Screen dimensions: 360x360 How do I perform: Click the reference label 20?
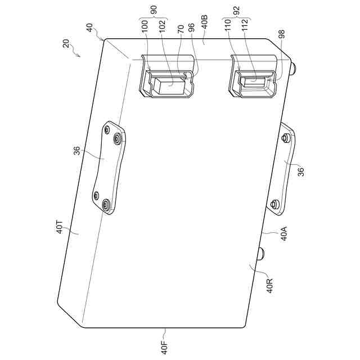point(66,43)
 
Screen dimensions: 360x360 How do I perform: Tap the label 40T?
point(59,227)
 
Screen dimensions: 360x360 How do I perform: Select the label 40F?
point(165,348)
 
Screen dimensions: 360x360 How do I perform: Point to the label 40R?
point(269,286)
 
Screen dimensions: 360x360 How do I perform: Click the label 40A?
point(283,233)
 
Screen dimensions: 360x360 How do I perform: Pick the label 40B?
point(204,21)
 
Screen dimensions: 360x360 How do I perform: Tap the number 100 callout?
point(145,26)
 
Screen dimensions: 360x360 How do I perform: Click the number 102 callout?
point(163,26)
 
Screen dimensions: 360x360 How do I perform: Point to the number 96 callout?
point(191,28)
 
